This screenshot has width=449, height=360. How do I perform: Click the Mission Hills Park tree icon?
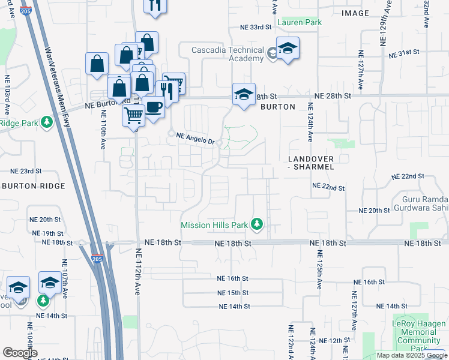pyautogui.click(x=258, y=224)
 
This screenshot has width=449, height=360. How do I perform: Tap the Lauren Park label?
pyautogui.click(x=300, y=22)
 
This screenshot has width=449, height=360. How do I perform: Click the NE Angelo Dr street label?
pyautogui.click(x=195, y=138)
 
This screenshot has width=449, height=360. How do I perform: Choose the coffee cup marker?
pyautogui.click(x=154, y=107)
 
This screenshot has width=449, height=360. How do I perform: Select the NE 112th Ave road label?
pyautogui.click(x=137, y=272)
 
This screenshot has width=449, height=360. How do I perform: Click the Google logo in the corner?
pyautogui.click(x=20, y=353)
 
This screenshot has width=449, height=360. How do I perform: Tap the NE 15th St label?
pyautogui.click(x=234, y=293)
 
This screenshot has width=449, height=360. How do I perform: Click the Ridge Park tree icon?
pyautogui.click(x=47, y=122)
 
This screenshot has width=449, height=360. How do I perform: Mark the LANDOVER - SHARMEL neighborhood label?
pyautogui.click(x=310, y=163)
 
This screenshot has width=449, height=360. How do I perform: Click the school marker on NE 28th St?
pyautogui.click(x=244, y=95)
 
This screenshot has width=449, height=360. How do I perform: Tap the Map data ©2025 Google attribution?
pyautogui.click(x=412, y=355)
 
